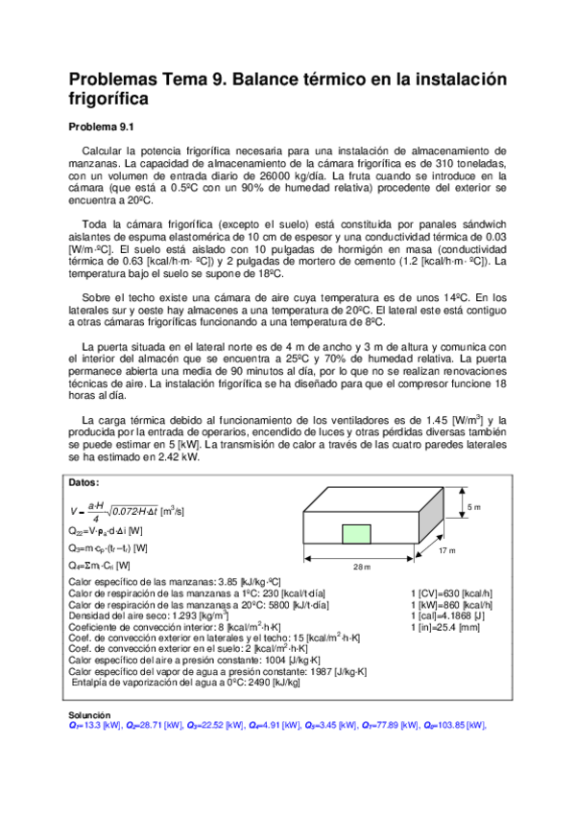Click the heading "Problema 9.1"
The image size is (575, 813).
click(105, 127)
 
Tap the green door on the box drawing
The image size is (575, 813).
click(357, 533)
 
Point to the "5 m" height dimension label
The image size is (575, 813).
click(473, 506)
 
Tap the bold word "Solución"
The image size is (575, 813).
click(89, 715)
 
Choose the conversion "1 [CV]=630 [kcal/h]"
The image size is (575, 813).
click(451, 593)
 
